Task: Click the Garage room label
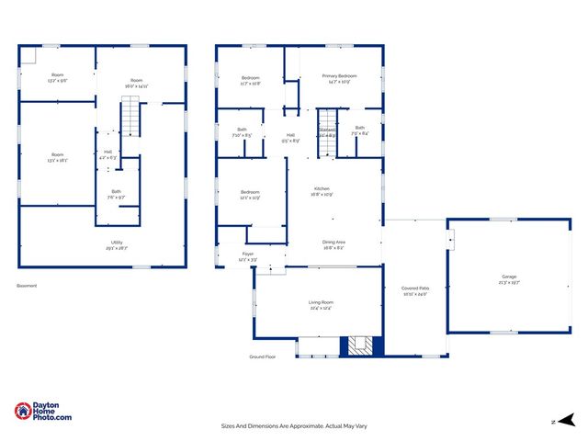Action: pos(509,276)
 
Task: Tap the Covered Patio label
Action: pos(414,288)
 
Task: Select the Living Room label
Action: pos(320,302)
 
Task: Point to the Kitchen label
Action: pos(322,188)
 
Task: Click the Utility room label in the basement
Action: pos(116,243)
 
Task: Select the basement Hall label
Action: pos(108,152)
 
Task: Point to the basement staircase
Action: pos(133,117)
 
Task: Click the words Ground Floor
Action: pos(263,356)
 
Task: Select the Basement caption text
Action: pos(27,286)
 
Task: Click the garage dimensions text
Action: pos(509,283)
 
